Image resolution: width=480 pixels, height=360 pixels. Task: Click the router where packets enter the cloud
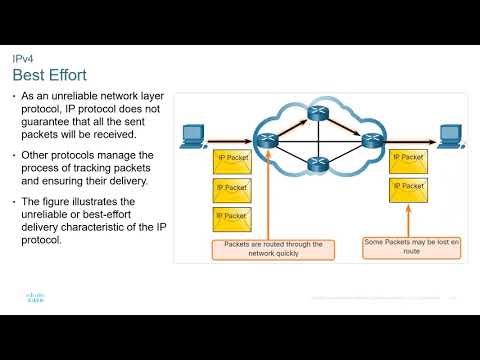point(266,141)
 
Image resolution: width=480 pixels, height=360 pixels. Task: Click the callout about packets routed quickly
point(267,249)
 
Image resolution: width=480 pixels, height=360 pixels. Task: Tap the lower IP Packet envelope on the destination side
point(408,187)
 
